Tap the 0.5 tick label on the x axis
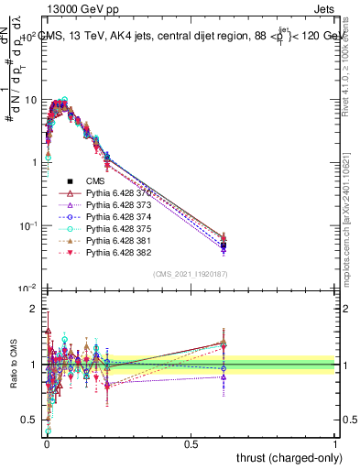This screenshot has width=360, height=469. (x=191, y=443)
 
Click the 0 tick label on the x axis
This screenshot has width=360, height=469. (x=46, y=443)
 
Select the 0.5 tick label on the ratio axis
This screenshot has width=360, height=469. (x=29, y=420)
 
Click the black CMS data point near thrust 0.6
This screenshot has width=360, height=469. (x=223, y=245)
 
